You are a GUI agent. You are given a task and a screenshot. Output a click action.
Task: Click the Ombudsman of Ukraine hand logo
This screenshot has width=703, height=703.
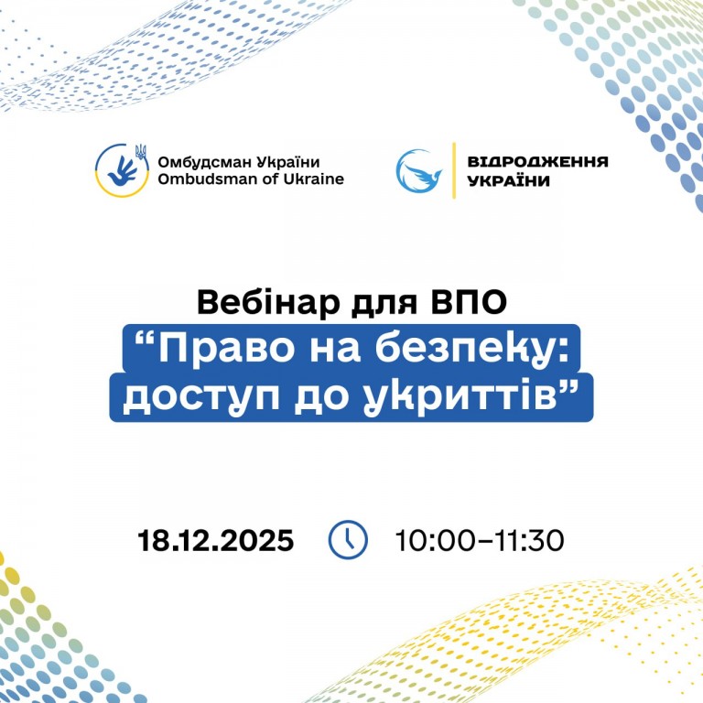click(x=122, y=170)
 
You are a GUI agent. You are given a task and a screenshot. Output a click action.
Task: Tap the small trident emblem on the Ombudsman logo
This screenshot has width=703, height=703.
click(x=141, y=152)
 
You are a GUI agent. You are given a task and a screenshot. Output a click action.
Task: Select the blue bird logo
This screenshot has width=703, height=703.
click(x=419, y=171)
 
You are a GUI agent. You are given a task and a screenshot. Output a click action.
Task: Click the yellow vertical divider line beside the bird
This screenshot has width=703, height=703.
click(x=454, y=170)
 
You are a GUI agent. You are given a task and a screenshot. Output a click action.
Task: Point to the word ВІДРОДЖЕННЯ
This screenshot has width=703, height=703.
click(x=537, y=161)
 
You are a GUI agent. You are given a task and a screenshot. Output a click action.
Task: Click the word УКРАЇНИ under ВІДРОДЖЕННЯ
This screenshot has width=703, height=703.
click(x=508, y=180)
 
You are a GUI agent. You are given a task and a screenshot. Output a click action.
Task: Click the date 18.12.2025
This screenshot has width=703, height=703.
click(x=216, y=540)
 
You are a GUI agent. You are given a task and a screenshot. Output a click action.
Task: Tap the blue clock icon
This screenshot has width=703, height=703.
click(x=348, y=539)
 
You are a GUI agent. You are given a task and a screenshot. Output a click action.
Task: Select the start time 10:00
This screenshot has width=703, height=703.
click(x=434, y=540)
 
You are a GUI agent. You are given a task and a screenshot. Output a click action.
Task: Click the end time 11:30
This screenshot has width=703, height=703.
click(x=526, y=540)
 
